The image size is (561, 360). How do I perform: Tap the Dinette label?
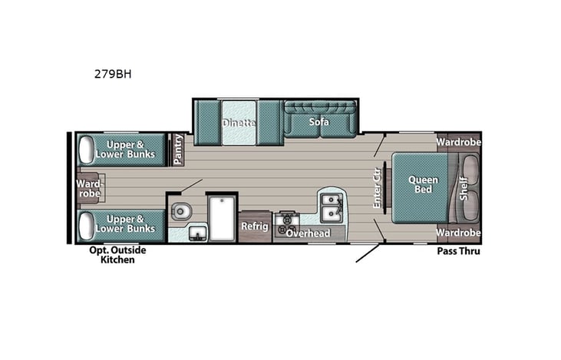(239, 123)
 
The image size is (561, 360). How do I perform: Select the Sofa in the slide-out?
(319, 121)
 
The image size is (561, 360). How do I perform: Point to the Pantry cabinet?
(178, 150)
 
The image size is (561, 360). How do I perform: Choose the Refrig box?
(254, 226)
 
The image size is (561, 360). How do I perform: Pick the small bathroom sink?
(196, 233)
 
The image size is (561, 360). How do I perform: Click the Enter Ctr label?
(377, 187)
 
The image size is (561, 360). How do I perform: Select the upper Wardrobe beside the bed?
(458, 142)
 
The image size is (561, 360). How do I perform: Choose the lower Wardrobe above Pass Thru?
(458, 233)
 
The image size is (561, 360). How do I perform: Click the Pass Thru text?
(458, 251)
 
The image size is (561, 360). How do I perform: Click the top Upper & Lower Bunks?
(124, 150)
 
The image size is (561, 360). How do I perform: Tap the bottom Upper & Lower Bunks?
(124, 223)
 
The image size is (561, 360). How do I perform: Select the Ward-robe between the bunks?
(88, 187)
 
